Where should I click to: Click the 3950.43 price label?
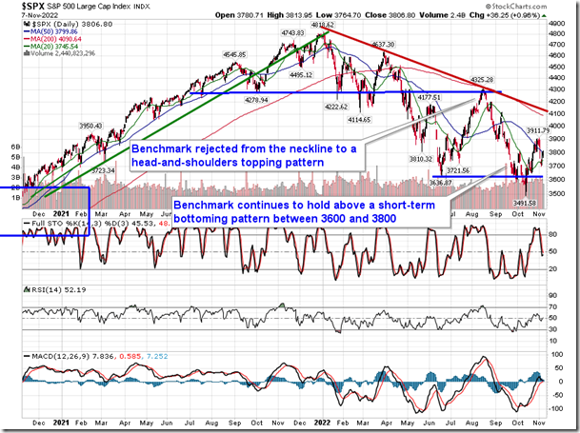[x=96, y=125]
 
